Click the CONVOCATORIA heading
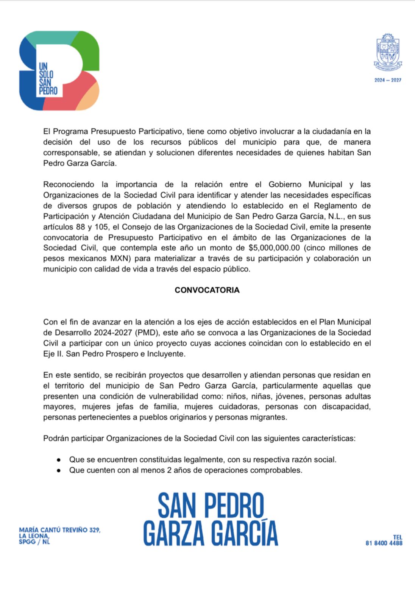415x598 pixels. (x=207, y=290)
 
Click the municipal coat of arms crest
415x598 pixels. (x=388, y=52)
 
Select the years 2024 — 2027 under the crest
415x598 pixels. (x=388, y=80)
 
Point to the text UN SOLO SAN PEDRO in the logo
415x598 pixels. (x=48, y=79)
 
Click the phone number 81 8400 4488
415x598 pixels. (x=384, y=543)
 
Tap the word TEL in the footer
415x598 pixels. (x=397, y=537)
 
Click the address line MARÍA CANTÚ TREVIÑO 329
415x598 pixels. (x=60, y=530)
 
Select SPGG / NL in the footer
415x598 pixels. (x=34, y=542)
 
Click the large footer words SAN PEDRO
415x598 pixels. (x=211, y=506)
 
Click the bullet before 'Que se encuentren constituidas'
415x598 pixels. (x=59, y=460)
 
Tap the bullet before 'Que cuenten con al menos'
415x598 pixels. (x=59, y=470)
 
